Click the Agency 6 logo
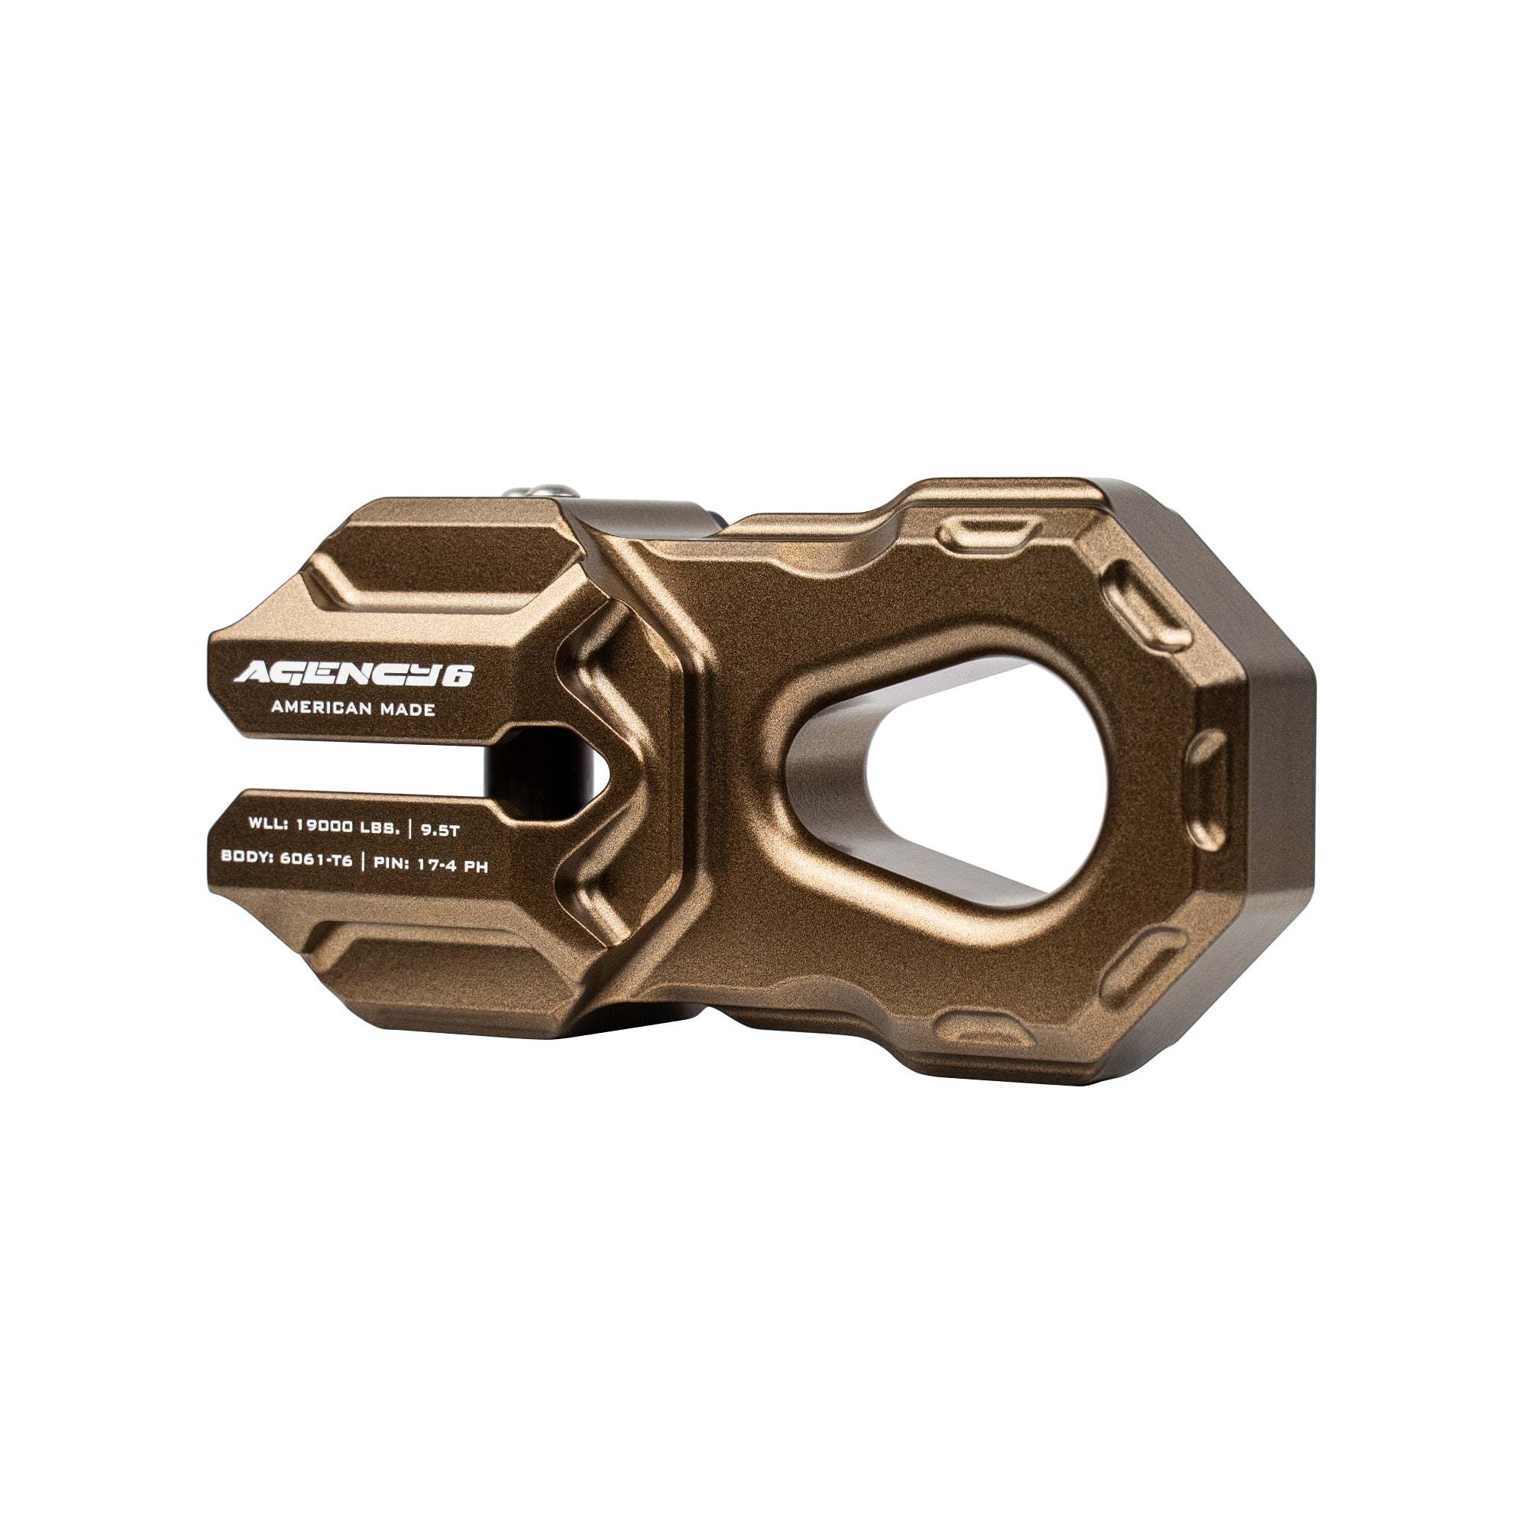point(353,674)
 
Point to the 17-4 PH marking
point(457,866)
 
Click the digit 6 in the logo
point(459,675)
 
